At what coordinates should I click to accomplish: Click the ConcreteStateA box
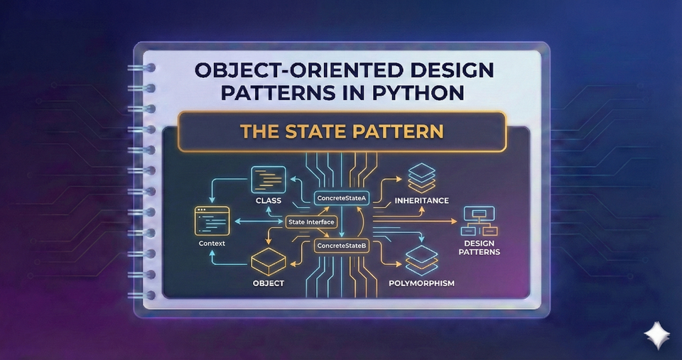(341, 198)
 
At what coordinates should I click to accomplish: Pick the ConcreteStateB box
(342, 246)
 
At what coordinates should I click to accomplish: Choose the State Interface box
(310, 222)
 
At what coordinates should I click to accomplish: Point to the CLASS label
(269, 201)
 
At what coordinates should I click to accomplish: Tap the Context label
(212, 244)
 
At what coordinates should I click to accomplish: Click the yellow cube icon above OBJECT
(269, 263)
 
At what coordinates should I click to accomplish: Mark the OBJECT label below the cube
(269, 283)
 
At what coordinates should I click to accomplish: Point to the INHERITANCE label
(421, 200)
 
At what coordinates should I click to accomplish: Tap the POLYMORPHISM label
(422, 283)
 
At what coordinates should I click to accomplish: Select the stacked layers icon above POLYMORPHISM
(422, 260)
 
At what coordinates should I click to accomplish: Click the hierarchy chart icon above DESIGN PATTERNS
(480, 222)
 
